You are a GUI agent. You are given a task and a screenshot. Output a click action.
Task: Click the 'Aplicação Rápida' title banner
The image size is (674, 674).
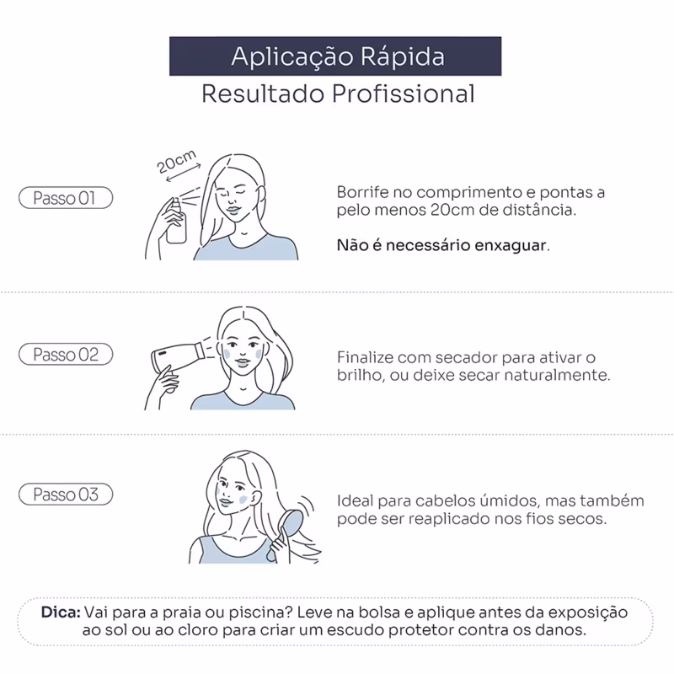tap(335, 56)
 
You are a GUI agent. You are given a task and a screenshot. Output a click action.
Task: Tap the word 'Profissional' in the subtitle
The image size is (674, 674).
tap(404, 94)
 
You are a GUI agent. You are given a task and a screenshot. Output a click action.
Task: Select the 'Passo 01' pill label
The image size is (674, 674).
tap(66, 198)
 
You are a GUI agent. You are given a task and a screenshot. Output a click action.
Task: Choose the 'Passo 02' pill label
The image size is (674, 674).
tap(66, 354)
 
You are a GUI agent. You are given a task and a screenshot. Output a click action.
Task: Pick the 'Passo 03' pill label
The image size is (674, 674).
tap(66, 495)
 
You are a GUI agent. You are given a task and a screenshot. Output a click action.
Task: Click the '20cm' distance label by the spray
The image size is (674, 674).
tap(176, 161)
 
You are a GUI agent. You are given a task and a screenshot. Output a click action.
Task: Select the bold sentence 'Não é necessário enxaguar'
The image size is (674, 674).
tap(443, 245)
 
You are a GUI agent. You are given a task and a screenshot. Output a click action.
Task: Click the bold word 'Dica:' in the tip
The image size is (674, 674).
tap(61, 612)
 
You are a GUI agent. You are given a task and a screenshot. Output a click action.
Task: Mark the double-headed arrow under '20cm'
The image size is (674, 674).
tap(183, 173)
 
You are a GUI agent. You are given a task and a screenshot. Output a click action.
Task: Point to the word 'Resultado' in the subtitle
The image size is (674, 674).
tap(263, 94)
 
